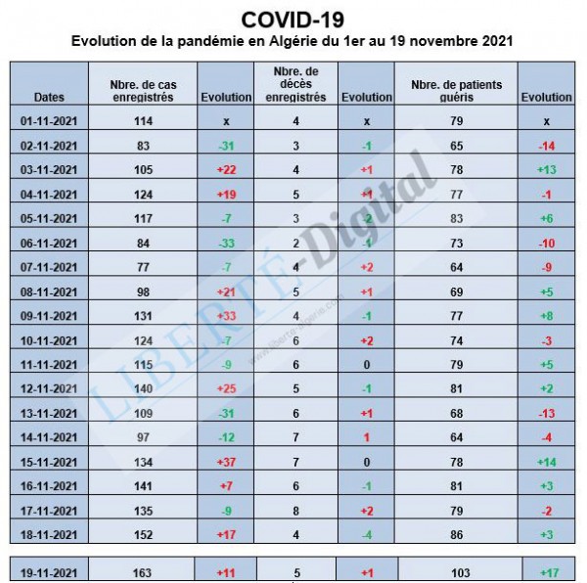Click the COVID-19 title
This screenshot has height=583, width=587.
[293, 19]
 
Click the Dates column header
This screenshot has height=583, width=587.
[49, 98]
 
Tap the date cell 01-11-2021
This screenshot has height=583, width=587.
[49, 120]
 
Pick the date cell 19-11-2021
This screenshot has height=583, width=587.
[49, 572]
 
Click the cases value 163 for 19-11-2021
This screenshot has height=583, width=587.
[143, 572]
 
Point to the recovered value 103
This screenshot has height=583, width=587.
[457, 572]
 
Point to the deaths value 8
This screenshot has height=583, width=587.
[296, 510]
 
